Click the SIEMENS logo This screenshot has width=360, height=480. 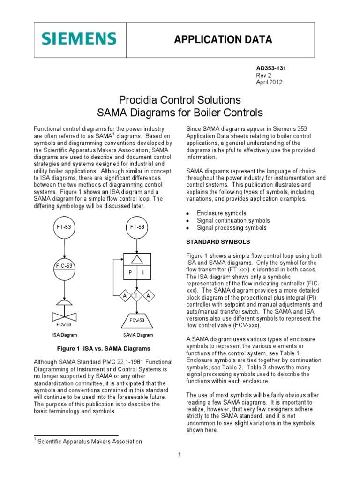[78, 39]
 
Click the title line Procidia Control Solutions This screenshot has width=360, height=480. [180, 100]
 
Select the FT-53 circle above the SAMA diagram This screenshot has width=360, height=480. [136, 227]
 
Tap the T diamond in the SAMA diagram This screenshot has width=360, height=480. [136, 296]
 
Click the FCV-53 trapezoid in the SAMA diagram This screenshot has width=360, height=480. [136, 321]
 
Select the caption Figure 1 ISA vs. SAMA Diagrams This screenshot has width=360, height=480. [103, 348]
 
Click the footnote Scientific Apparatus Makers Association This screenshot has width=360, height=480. [90, 441]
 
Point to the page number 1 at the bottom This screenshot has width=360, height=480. [180, 454]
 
